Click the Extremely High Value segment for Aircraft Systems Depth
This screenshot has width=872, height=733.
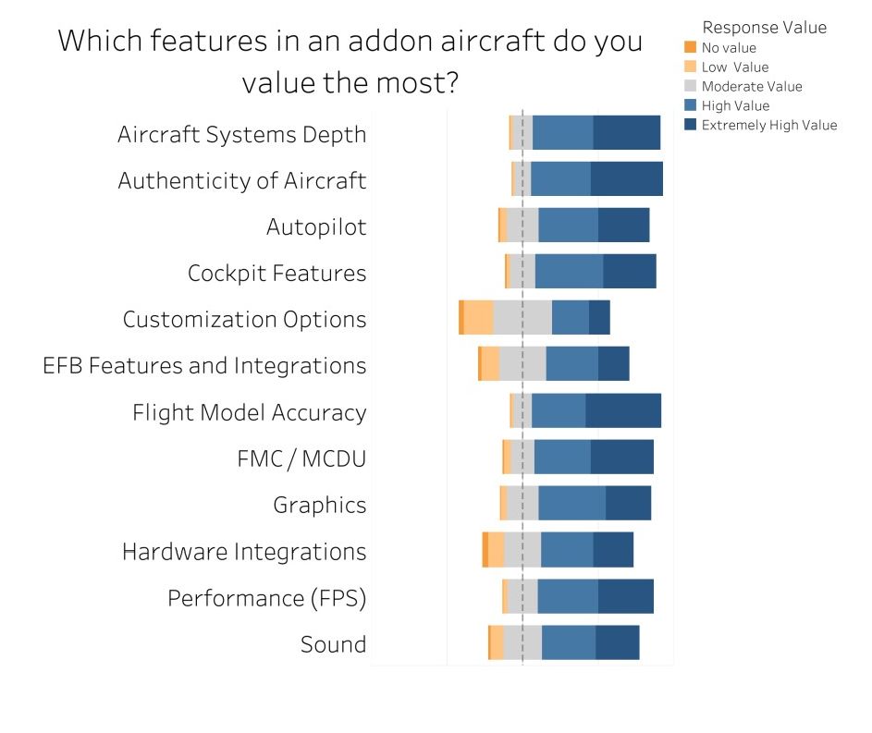coord(626,133)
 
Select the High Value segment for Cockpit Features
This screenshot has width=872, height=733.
coord(569,272)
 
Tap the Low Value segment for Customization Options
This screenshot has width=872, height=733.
coord(478,318)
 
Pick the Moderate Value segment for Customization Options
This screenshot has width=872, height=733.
coord(522,318)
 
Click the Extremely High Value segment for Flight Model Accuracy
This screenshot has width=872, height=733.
coord(623,410)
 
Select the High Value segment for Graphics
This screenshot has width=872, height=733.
coord(571,504)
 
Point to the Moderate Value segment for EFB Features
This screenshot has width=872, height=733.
coord(522,364)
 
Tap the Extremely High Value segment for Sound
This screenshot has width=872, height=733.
coord(617,642)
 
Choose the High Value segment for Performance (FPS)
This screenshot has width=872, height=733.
coord(567,596)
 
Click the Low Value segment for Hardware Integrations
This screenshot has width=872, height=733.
coord(496,550)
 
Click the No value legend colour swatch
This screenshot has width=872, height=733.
coord(690,47)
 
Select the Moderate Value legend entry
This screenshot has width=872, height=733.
coord(752,86)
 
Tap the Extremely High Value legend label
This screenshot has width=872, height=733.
coord(769,125)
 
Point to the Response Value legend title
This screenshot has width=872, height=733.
coord(764,27)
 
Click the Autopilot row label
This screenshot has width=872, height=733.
coord(316,226)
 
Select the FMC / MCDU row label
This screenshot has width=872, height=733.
coord(301,458)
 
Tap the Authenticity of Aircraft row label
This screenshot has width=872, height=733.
coord(242,180)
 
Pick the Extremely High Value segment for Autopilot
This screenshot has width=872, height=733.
coord(623,226)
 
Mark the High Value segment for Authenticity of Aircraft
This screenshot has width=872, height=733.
coord(560,179)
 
